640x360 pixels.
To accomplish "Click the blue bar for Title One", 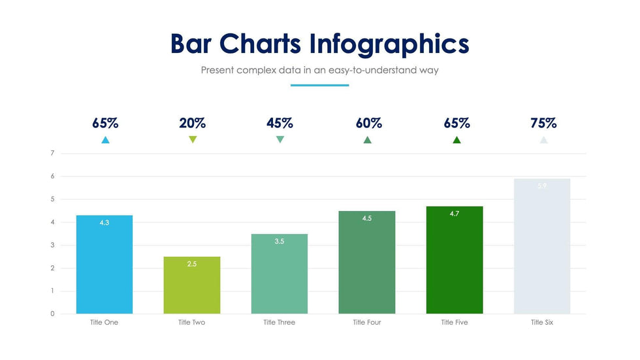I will (x=104, y=265).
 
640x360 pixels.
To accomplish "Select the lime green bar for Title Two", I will (x=192, y=285).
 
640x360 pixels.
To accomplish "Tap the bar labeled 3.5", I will (x=280, y=274).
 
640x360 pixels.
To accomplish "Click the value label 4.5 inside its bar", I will (x=367, y=218).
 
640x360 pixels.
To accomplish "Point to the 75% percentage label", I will (x=543, y=123).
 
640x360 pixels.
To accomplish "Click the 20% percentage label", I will (x=193, y=123).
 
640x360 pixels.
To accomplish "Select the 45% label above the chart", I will (x=280, y=123).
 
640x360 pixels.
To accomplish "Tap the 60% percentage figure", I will (x=368, y=123).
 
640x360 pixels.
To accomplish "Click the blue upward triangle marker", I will (x=105, y=140).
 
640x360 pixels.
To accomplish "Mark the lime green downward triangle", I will (x=193, y=139).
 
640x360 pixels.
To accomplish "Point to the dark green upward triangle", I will (x=456, y=140).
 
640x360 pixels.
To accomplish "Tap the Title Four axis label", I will (x=367, y=323).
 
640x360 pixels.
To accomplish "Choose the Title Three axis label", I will (x=280, y=323).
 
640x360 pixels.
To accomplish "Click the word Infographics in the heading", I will (x=389, y=44).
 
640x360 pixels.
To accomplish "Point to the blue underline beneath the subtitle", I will (x=319, y=85).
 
